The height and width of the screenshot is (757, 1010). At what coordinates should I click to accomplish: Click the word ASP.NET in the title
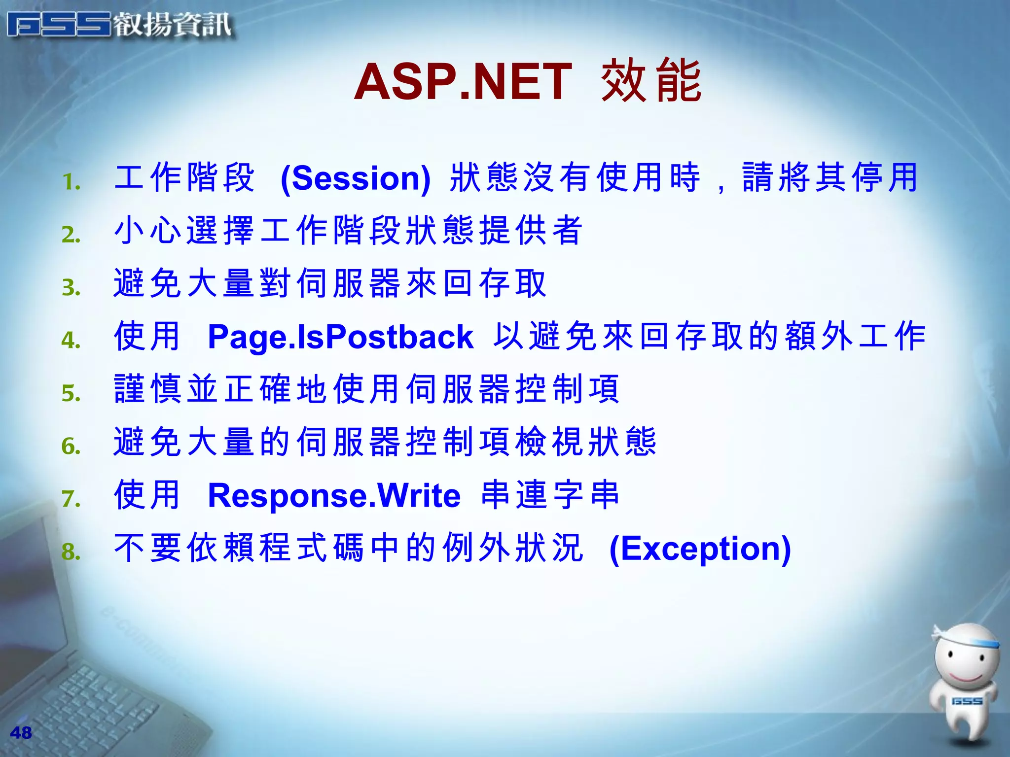[463, 82]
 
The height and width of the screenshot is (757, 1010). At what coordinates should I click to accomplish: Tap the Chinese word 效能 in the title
[651, 81]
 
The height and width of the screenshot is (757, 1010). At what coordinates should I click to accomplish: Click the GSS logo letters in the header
[59, 25]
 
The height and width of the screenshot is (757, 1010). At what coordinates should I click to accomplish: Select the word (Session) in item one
[356, 178]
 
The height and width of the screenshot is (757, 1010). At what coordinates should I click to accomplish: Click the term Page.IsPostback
[340, 337]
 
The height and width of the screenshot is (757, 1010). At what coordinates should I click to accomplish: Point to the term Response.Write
[334, 495]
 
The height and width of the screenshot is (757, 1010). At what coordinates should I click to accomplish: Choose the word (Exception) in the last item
[700, 549]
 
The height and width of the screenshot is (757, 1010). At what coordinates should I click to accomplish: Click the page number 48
[21, 733]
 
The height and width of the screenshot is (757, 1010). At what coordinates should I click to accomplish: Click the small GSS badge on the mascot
[967, 701]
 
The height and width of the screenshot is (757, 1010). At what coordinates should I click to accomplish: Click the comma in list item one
[721, 187]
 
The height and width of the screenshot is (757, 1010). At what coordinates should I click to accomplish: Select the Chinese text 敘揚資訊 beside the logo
[173, 25]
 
